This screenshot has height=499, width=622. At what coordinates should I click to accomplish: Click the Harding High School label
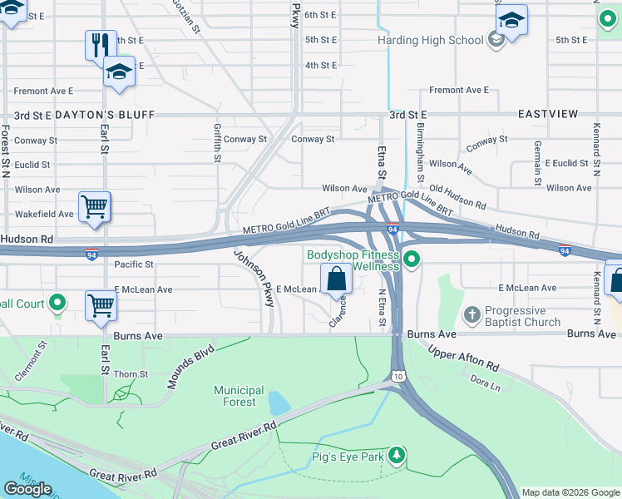430,40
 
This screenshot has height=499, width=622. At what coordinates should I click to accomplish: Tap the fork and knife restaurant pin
101,45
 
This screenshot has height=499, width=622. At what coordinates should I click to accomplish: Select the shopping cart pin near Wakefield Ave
95,207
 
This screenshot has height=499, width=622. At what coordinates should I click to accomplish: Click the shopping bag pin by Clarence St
337,279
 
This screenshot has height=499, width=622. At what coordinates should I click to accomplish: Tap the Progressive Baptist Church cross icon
472,315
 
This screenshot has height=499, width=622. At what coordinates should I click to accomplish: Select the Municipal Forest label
239,396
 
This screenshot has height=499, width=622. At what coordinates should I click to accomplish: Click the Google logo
27,489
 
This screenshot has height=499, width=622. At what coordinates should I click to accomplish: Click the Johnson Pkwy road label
254,279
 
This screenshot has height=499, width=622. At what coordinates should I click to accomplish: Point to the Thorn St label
131,374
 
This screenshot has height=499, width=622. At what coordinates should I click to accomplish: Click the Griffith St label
217,142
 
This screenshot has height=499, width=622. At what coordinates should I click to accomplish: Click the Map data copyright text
570,492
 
